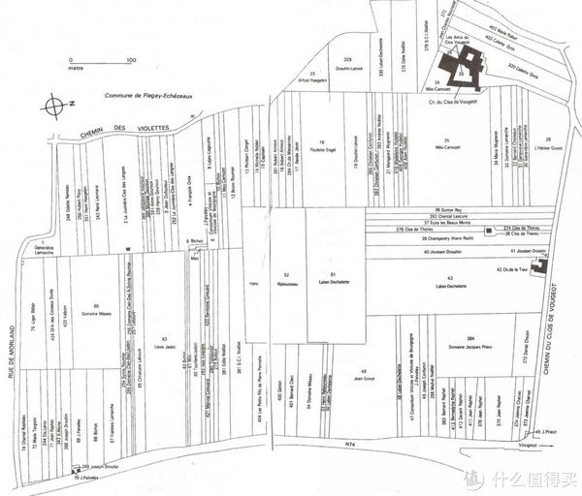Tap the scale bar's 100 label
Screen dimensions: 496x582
point(129,60)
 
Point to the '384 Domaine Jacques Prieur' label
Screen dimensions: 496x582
point(469,344)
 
